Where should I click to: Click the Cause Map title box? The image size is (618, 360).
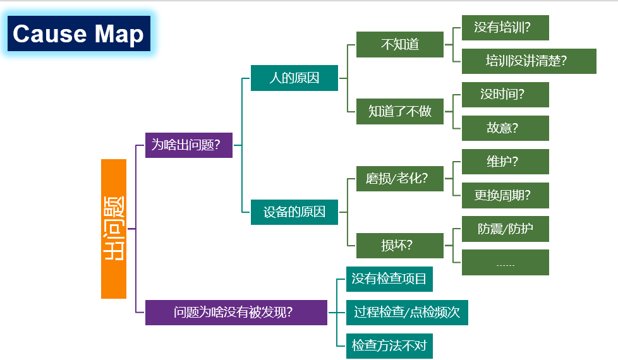[79, 33]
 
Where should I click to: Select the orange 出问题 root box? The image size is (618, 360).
[114, 229]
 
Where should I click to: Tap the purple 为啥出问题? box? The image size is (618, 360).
[188, 145]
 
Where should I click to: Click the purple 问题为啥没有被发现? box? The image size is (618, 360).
[236, 312]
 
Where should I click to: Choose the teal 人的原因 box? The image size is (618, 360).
[294, 78]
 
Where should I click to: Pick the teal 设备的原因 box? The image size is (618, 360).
[294, 212]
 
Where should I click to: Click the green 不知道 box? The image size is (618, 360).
[399, 44]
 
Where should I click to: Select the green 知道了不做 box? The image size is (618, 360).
[399, 111]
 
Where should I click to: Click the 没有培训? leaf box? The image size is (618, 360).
[505, 28]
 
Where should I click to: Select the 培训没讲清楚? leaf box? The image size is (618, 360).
[529, 61]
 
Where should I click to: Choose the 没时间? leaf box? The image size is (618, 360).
[505, 95]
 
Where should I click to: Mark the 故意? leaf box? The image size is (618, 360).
[505, 128]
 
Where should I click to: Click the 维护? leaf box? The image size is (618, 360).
[505, 162]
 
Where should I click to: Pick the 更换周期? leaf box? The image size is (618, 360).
[505, 195]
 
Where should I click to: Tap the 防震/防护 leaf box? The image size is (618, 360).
[505, 229]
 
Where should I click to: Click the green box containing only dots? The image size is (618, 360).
[505, 263]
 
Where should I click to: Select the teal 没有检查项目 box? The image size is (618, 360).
[389, 279]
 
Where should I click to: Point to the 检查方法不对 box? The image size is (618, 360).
[389, 345]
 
